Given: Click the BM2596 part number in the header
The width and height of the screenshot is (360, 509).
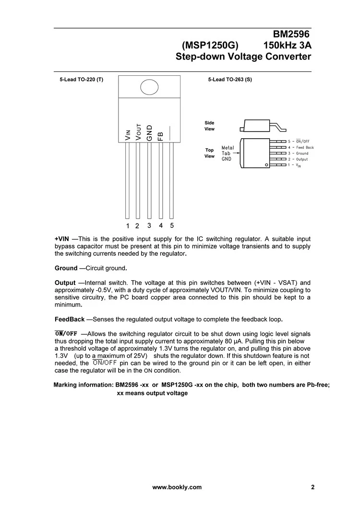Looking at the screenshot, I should click(292, 35).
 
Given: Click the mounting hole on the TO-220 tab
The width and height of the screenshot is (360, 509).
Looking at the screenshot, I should click(149, 87).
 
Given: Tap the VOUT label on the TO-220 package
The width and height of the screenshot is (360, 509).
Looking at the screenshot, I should click(138, 132).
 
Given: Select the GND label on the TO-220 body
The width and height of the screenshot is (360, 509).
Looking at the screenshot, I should click(149, 133).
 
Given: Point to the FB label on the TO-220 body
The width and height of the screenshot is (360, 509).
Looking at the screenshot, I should click(161, 136).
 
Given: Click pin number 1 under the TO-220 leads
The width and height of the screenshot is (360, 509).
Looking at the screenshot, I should click(128, 226).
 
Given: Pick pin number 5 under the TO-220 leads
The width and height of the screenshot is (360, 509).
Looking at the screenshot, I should click(172, 225).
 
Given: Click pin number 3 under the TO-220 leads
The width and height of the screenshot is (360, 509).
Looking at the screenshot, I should click(149, 225).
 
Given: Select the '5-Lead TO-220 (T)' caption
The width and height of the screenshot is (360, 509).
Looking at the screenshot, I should click(82, 79).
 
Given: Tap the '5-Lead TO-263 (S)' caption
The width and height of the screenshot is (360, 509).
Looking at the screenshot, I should click(230, 79).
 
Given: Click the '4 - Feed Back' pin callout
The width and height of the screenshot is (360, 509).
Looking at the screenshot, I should click(301, 147).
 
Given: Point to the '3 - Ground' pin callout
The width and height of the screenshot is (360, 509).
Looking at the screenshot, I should click(298, 153).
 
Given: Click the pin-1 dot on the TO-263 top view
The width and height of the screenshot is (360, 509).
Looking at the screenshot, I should click(266, 165).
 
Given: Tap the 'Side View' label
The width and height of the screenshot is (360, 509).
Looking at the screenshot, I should click(209, 126).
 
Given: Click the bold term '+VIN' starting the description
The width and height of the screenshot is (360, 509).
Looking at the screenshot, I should click(62, 239).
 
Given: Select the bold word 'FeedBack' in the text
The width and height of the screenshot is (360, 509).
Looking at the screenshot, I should click(70, 319).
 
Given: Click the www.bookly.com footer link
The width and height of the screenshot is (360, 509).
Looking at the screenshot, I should click(177, 487).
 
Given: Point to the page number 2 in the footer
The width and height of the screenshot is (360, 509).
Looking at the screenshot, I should click(313, 487).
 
